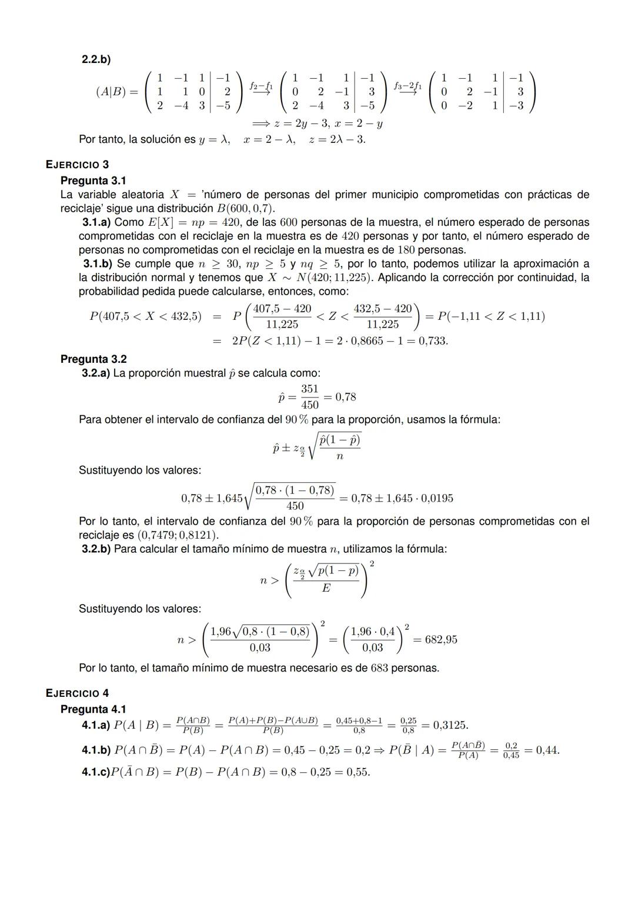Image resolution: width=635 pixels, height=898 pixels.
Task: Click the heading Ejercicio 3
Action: click(77, 165)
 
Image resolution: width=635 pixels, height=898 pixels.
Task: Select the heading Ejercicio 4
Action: click(77, 693)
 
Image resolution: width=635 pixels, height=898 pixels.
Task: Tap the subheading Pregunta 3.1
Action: click(93, 180)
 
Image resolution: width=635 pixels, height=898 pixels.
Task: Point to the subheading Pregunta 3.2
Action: click(93, 359)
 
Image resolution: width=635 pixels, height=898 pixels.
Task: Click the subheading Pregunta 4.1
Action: click(93, 709)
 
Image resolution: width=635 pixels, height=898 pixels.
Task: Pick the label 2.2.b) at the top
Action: click(96, 59)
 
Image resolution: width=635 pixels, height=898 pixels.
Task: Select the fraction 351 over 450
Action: click(309, 397)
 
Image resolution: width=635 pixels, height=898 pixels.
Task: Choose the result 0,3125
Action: click(450, 725)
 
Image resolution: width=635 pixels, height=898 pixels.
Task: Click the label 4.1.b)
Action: click(96, 750)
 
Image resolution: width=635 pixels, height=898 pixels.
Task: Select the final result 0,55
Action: click(358, 772)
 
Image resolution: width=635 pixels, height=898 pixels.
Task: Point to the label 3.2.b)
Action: click(96, 549)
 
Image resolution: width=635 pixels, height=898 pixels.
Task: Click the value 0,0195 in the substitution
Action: click(437, 499)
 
